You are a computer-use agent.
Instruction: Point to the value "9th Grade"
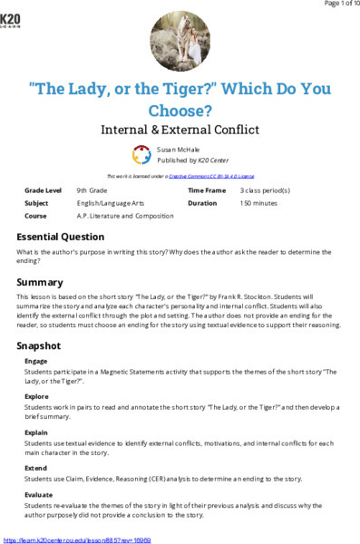pos(94,191)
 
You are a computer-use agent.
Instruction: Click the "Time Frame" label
pos(206,191)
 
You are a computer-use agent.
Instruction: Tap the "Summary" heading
pos(40,282)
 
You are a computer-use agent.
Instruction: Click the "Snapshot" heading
pos(41,346)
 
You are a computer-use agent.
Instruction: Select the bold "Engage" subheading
pos(36,361)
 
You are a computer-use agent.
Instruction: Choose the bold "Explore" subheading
pos(37,396)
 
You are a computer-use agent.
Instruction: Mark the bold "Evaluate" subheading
pos(39,493)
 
